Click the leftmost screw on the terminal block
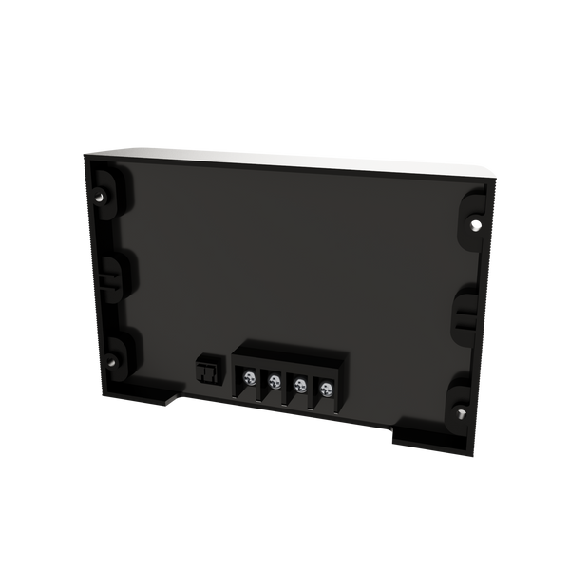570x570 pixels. coord(249,379)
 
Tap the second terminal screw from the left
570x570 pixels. coord(275,383)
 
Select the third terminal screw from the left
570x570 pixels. coord(300,385)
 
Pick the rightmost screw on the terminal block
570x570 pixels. coord(326,388)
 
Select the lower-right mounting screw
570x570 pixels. coord(461,412)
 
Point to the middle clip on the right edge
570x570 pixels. coord(467,309)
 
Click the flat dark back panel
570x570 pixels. coord(285,256)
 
